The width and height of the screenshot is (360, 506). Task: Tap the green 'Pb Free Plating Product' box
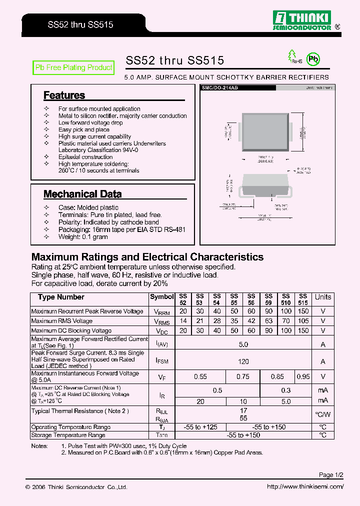(x=73, y=67)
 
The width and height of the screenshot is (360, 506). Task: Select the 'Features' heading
(x=64, y=95)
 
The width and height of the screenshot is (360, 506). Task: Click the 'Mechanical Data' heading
(x=82, y=194)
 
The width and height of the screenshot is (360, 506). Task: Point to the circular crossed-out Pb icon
(x=313, y=59)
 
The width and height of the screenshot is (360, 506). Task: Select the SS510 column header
(x=285, y=299)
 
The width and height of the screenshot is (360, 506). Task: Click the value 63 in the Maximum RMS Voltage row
(x=268, y=321)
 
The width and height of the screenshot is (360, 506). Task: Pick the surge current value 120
(x=243, y=361)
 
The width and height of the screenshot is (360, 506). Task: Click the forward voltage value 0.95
(x=303, y=376)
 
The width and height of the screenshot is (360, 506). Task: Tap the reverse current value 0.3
(x=285, y=390)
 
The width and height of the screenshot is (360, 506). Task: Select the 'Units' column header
(x=323, y=297)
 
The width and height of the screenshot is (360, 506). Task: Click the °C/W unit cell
(x=323, y=414)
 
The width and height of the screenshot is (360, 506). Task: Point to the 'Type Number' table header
(x=61, y=297)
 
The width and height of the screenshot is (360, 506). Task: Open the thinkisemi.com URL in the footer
(x=305, y=486)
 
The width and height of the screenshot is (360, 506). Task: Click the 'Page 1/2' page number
(x=331, y=474)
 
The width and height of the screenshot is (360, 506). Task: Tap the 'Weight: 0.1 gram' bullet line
(x=83, y=236)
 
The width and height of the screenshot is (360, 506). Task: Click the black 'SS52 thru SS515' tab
(x=73, y=24)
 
